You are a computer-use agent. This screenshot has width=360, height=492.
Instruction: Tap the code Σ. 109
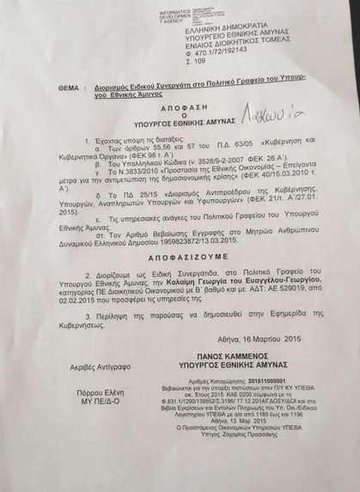196,63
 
